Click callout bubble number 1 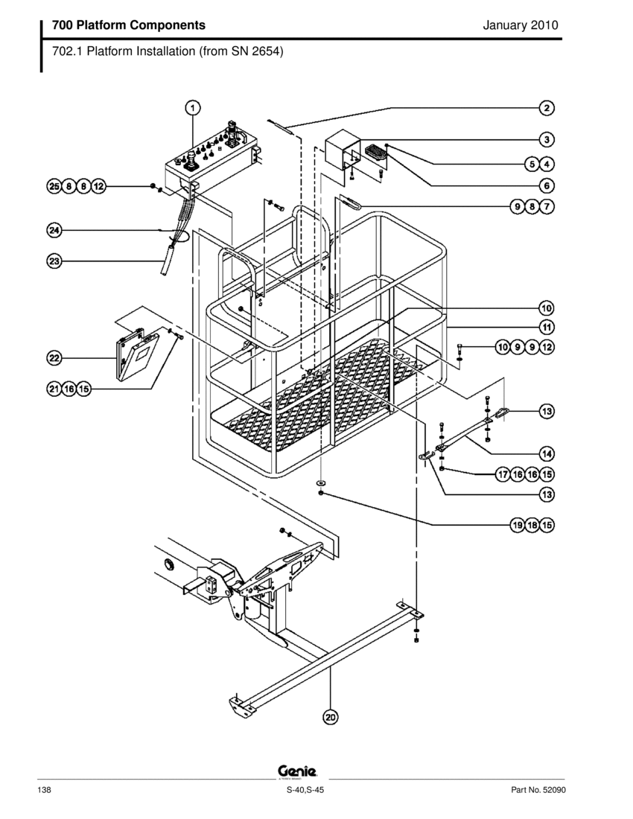tap(193, 108)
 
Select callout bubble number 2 tap(547, 108)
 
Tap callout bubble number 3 tap(547, 139)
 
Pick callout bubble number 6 tap(547, 185)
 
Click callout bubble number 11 tap(547, 328)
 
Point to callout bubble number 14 tap(547, 453)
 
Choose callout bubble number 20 tap(331, 717)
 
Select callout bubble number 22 tap(54, 358)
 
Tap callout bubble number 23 tap(54, 261)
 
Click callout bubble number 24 tap(54, 230)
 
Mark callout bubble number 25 tap(54, 186)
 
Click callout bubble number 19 tap(517, 525)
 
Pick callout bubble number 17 tap(503, 474)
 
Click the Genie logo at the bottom tap(297, 771)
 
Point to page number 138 tap(45, 790)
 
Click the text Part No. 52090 tap(538, 790)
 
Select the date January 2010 tap(521, 25)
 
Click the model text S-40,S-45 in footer tap(305, 790)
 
